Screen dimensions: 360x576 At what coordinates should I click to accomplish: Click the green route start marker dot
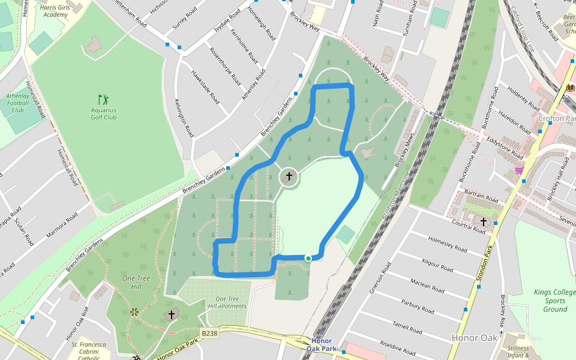tap(308, 258)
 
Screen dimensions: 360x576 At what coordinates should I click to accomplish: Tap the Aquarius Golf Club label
tap(104, 113)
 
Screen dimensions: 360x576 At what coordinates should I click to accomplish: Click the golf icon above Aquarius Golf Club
tap(104, 99)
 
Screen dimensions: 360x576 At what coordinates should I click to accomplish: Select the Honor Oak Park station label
tap(322, 344)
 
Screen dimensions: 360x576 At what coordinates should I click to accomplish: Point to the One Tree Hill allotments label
tap(227, 302)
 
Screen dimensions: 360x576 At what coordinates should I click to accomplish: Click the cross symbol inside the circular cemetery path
tap(289, 176)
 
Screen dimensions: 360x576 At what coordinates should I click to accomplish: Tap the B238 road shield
tap(209, 333)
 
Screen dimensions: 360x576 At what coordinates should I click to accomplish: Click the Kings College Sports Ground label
tap(550, 301)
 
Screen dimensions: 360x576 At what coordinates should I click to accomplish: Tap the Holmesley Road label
tap(448, 244)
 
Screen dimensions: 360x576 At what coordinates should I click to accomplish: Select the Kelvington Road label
tap(184, 118)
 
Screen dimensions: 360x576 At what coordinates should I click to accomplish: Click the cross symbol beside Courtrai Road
tap(484, 223)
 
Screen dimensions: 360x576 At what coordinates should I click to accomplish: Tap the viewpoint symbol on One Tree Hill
tap(134, 311)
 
